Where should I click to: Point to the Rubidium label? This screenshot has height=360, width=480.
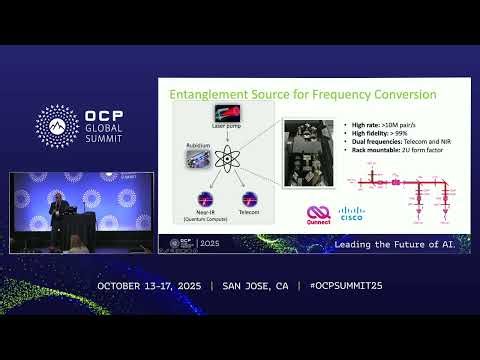tap(197, 146)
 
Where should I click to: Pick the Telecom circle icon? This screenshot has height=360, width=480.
tap(250, 199)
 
